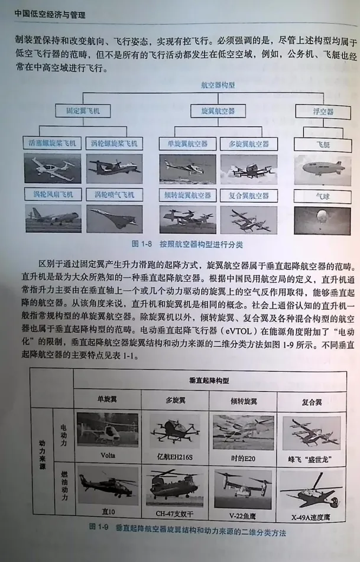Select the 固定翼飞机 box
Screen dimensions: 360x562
click(x=79, y=111)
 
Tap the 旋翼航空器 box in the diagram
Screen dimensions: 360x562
click(x=214, y=111)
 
